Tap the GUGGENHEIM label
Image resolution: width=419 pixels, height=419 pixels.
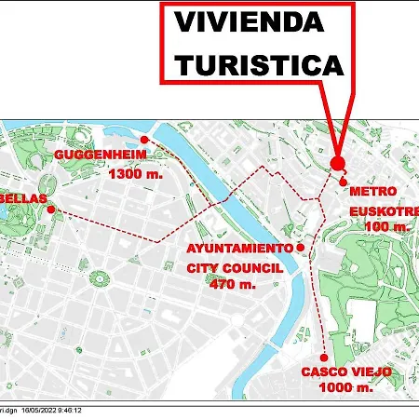click(x=101, y=154)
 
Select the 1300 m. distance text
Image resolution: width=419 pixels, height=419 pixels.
click(x=136, y=173)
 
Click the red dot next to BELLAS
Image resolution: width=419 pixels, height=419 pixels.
click(x=50, y=209)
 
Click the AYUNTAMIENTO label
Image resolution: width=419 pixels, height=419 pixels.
click(x=240, y=249)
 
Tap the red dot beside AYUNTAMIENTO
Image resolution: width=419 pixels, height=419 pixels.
click(x=300, y=248)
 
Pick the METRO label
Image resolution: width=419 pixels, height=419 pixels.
click(x=373, y=191)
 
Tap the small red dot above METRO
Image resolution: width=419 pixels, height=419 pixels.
click(x=344, y=182)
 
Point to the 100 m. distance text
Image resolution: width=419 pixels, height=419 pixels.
click(x=387, y=226)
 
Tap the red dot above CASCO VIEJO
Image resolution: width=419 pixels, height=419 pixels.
click(x=323, y=357)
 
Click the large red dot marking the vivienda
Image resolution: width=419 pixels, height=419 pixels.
click(x=337, y=162)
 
